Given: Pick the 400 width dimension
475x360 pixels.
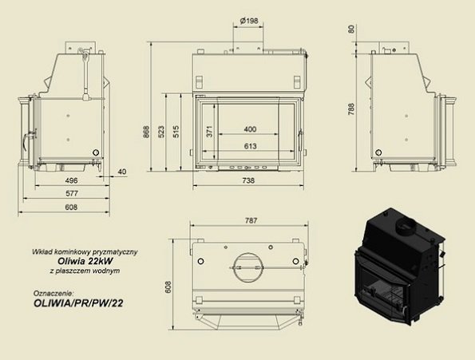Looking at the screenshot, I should (x=249, y=129).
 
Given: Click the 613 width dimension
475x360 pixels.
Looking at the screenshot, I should (x=249, y=147).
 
